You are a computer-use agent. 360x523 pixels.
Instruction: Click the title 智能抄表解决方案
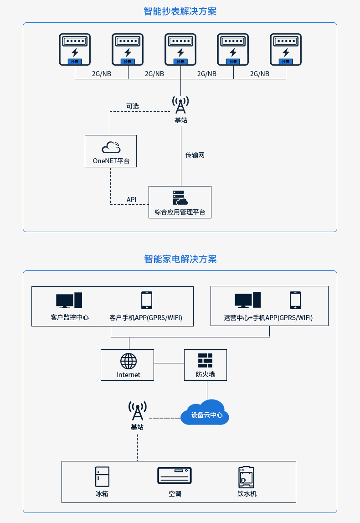(180, 11)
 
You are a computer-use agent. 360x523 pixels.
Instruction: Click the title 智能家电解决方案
(180, 259)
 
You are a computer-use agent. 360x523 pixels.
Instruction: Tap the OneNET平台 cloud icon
(111, 147)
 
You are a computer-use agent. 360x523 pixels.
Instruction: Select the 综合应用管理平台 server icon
(180, 198)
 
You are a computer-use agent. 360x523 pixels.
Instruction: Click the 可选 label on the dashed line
(132, 106)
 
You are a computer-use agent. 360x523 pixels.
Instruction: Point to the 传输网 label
(195, 155)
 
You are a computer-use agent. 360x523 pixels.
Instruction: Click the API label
(131, 199)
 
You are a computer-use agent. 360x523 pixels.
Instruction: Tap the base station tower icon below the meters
(180, 105)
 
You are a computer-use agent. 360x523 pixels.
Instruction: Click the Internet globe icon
(129, 361)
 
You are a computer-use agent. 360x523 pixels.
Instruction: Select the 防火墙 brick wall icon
(206, 361)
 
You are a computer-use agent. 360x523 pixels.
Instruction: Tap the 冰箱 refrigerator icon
(102, 476)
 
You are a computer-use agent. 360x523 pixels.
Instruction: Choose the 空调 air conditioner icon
(175, 475)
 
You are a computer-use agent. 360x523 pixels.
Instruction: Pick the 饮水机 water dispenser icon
(247, 477)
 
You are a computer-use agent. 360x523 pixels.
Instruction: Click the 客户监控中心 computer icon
(69, 300)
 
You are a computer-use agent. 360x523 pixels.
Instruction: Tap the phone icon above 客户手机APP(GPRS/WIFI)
(147, 300)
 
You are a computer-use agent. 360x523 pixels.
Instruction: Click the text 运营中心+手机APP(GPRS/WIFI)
(268, 317)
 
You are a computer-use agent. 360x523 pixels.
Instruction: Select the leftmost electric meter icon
(75, 49)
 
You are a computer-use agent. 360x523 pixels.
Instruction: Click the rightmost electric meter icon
(286, 49)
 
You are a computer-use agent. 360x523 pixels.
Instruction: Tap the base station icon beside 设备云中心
(137, 410)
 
